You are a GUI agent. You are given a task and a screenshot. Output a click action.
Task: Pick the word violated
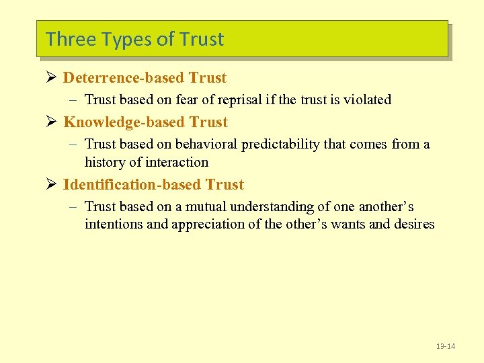(367, 99)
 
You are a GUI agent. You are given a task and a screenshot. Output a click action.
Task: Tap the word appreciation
(210, 225)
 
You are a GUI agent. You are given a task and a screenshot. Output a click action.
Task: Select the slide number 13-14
(445, 346)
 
